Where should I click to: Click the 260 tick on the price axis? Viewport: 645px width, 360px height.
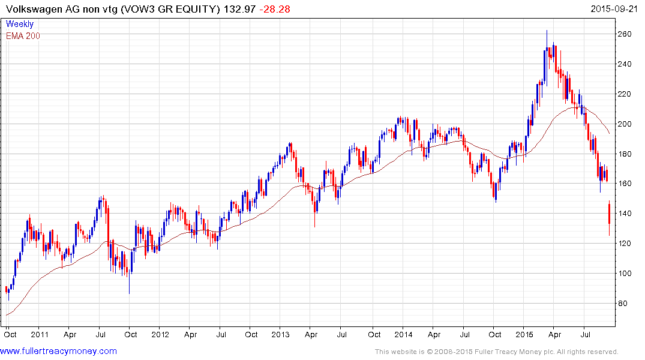point(626,34)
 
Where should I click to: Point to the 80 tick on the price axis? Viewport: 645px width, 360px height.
point(624,304)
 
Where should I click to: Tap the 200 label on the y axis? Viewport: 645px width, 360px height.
point(626,124)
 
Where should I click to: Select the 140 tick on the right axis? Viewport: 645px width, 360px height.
point(626,214)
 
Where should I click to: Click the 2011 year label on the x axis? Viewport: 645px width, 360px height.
point(40,335)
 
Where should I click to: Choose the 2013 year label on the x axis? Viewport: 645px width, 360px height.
point(281,335)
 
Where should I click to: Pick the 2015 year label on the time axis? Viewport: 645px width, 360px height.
point(525,335)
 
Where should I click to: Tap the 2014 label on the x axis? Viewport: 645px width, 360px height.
point(404,335)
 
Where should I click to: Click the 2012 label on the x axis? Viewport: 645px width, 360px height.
point(160,335)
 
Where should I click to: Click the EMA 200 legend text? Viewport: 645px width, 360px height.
point(23,36)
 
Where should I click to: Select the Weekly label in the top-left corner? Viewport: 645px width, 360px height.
point(20,25)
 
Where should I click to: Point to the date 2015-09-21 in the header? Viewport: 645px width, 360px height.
point(614,9)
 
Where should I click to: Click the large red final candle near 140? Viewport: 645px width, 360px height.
point(610,214)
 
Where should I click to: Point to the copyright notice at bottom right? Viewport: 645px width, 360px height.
point(496,352)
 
